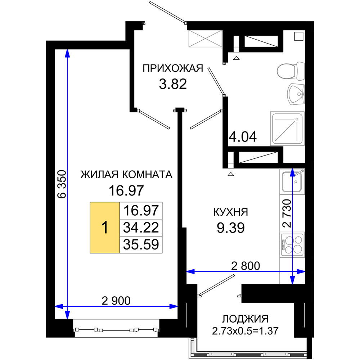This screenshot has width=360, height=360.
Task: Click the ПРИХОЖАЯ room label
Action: [173, 68]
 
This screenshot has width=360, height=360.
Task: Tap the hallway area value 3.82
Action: [173, 84]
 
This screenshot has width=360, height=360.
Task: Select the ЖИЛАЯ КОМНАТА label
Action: [126, 175]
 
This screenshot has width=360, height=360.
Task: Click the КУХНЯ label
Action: [231, 212]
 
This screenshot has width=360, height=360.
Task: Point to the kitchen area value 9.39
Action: [231, 228]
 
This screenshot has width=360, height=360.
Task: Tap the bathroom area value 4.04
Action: [243, 137]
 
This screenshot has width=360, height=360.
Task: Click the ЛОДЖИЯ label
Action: [245, 319]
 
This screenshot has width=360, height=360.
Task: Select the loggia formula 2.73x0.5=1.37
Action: [245, 331]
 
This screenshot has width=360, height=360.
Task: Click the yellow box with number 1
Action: [105, 228]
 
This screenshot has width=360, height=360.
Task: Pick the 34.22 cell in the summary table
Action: [141, 228]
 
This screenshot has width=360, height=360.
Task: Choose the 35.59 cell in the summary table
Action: [141, 244]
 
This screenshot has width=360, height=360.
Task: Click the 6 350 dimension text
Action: [62, 184]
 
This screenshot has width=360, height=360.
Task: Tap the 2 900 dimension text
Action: [116, 301]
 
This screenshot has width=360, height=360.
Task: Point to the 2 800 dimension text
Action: [246, 266]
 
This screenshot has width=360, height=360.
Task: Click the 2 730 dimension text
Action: [287, 213]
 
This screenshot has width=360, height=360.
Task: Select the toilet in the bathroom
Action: [291, 71]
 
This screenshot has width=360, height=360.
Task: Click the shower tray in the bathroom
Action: [287, 129]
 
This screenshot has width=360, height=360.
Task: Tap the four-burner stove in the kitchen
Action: [292, 244]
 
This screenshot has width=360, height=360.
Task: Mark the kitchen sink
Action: [292, 181]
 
